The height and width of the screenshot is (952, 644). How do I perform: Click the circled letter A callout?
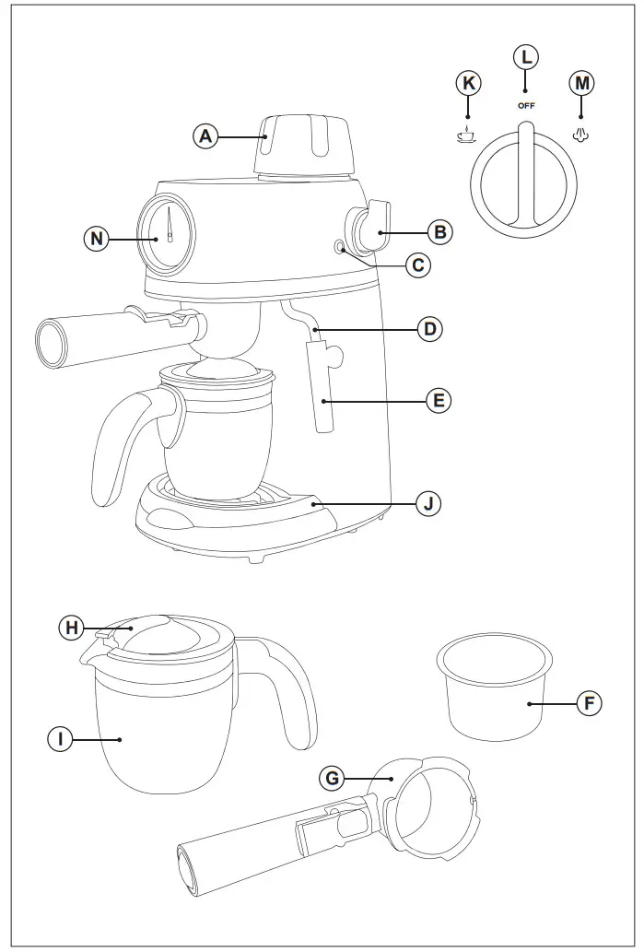[x=205, y=137]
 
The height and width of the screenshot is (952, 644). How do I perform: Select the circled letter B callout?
[x=439, y=232]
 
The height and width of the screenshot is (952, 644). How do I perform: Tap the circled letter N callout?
[x=95, y=240]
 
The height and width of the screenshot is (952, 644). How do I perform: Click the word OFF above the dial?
[x=526, y=105]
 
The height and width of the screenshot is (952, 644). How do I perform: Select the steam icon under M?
[x=581, y=135]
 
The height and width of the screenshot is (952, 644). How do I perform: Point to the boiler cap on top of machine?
[x=306, y=146]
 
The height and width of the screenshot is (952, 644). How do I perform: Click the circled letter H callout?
[x=70, y=629]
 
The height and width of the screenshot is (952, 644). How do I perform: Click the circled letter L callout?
[x=526, y=57]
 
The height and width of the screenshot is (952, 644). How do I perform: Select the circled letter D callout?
[x=428, y=328]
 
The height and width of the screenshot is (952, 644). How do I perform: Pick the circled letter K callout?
[x=468, y=84]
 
